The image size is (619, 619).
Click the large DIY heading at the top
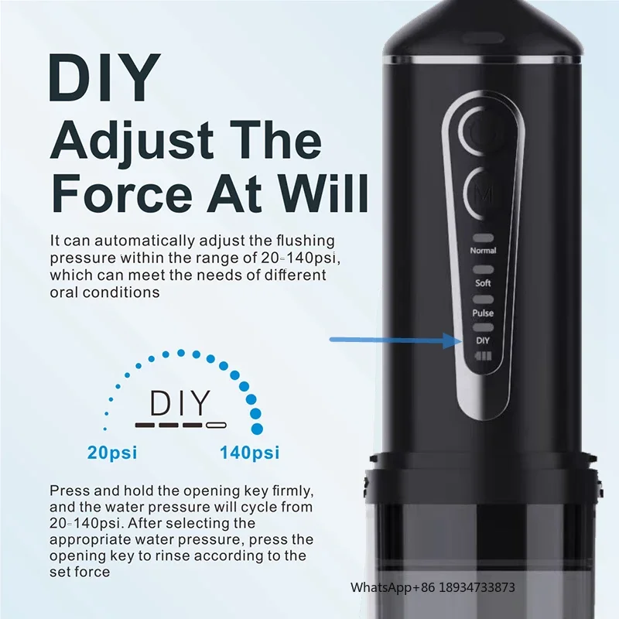coord(104,78)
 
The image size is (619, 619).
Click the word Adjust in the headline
coord(132,140)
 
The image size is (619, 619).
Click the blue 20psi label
coord(112,453)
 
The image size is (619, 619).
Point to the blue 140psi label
coord(249,453)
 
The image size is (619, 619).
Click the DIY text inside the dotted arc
coord(180,403)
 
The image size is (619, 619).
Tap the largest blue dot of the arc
coord(257,429)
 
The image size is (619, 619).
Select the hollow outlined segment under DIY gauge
coord(217,425)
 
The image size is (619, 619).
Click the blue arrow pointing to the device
coord(395,340)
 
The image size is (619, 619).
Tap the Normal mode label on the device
coord(483,251)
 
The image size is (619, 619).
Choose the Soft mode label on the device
coord(483,283)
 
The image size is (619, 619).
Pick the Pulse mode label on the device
coord(483,313)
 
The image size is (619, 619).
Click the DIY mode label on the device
coord(483,340)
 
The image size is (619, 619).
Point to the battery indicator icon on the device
coord(483,357)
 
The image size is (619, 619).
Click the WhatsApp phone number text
coord(433,587)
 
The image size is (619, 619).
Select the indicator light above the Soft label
coord(483,269)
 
